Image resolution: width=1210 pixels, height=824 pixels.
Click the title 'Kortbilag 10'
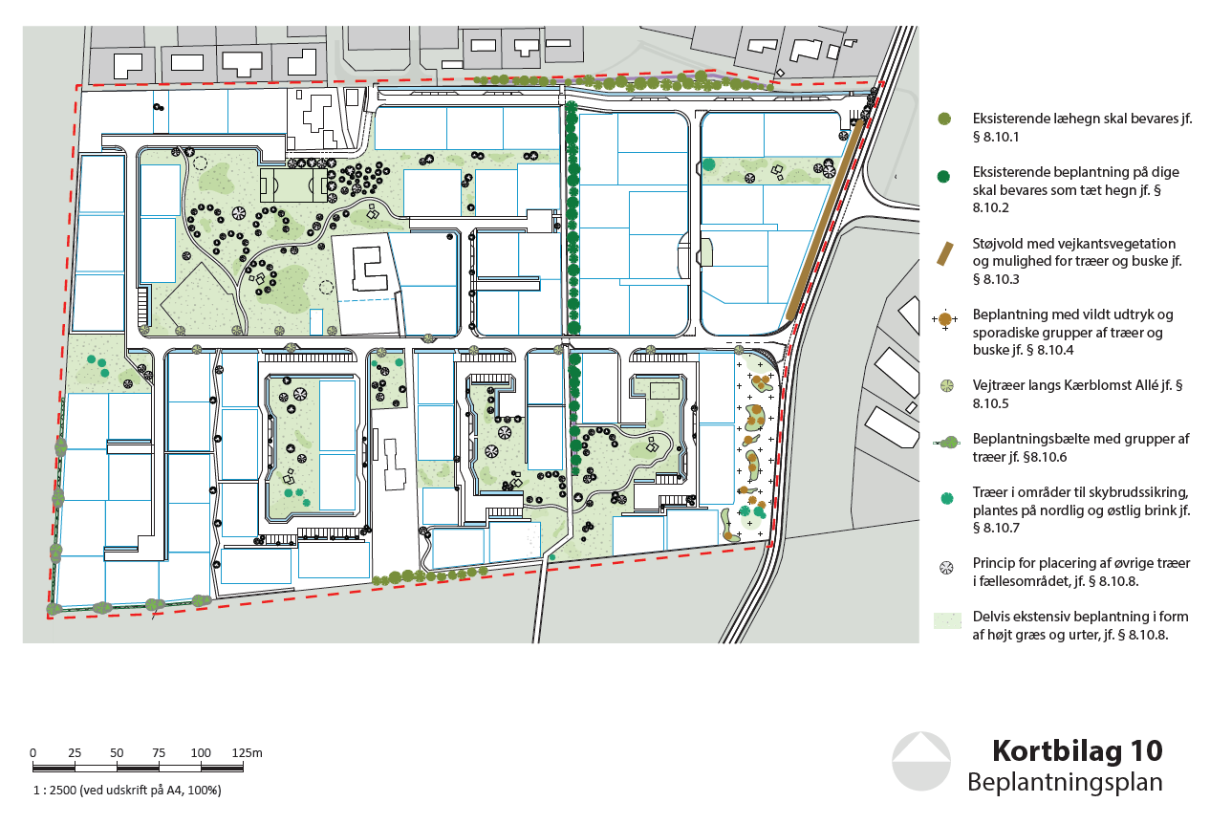click(x=1077, y=751)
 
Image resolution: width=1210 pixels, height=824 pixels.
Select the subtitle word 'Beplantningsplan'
click(x=1065, y=782)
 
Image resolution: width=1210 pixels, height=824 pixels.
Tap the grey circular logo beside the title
click(x=921, y=761)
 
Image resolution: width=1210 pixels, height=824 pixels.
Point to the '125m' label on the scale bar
click(x=247, y=752)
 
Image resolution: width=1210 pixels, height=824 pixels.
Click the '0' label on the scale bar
click(x=32, y=752)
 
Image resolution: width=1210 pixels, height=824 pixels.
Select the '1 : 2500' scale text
click(x=54, y=790)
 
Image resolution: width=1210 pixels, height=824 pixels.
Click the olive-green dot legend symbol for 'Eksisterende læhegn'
click(x=943, y=119)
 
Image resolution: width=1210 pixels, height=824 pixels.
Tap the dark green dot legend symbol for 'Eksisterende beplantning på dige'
click(x=943, y=176)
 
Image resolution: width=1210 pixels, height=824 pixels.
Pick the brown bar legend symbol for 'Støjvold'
click(x=944, y=254)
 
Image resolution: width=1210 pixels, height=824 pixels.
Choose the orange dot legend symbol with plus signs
click(x=944, y=318)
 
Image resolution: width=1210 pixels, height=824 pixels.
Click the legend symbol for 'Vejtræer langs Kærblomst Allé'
click(x=947, y=386)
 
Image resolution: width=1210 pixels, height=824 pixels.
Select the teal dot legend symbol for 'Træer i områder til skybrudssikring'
click(x=946, y=498)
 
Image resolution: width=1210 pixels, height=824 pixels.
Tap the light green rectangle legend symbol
click(x=947, y=620)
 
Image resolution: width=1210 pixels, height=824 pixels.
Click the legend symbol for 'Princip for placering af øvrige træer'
click(x=946, y=568)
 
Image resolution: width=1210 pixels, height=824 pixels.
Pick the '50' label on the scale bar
click(x=117, y=752)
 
